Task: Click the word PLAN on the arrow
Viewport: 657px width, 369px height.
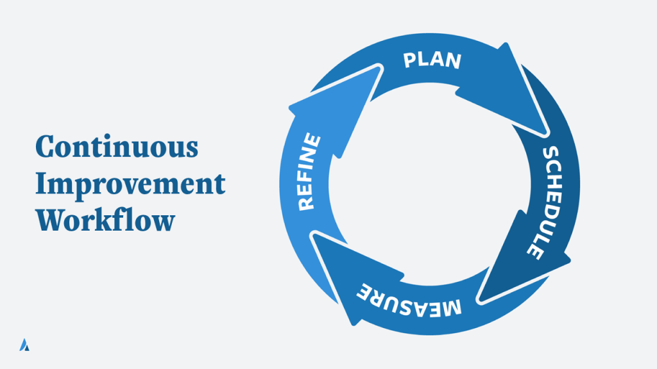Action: pos(432,60)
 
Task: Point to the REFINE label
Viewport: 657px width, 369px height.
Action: pos(307,171)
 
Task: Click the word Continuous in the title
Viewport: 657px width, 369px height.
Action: pos(116,147)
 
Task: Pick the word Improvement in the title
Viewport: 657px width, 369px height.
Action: pos(130,183)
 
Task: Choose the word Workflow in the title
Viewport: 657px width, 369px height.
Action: pos(105,220)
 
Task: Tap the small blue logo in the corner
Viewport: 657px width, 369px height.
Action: pos(24,344)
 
